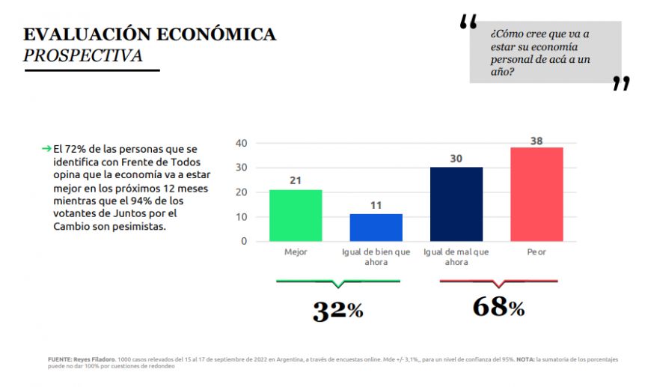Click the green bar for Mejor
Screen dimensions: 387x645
(296, 216)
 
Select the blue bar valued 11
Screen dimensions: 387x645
(376, 228)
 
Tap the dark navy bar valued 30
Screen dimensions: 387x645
(456, 204)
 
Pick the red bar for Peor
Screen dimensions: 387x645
(536, 194)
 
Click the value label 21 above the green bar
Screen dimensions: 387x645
(296, 181)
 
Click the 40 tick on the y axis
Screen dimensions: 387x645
(241, 143)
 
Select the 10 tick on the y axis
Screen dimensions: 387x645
(241, 217)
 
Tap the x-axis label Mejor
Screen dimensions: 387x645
(296, 252)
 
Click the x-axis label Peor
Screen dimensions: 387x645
(536, 252)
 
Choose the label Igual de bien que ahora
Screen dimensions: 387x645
(376, 257)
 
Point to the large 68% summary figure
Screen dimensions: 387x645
(498, 307)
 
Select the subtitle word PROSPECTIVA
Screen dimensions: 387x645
(82, 56)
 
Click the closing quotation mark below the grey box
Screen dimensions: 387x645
(620, 83)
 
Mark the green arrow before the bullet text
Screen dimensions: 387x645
(46, 149)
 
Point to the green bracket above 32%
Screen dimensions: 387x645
(338, 282)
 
